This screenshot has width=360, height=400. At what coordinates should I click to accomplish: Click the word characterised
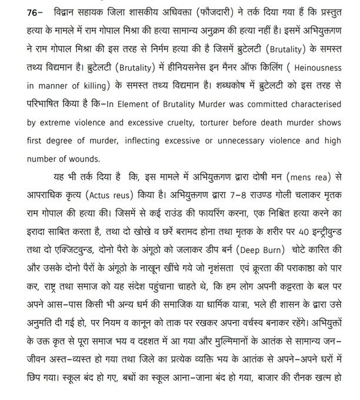pyautogui.click(x=315, y=109)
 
